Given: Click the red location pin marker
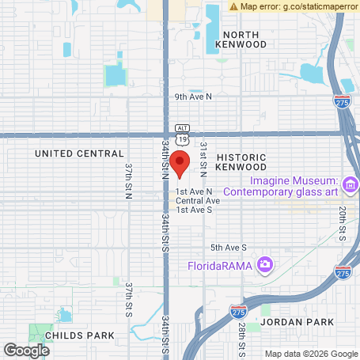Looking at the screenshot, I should [x=180, y=165].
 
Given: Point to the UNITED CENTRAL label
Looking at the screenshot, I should [x=80, y=153].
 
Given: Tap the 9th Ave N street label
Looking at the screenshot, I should [x=194, y=96].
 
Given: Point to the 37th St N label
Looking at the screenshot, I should [x=128, y=180].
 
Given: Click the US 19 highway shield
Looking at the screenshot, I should [x=183, y=138].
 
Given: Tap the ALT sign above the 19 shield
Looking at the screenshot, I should [x=183, y=127].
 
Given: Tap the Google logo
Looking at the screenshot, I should [x=26, y=350].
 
